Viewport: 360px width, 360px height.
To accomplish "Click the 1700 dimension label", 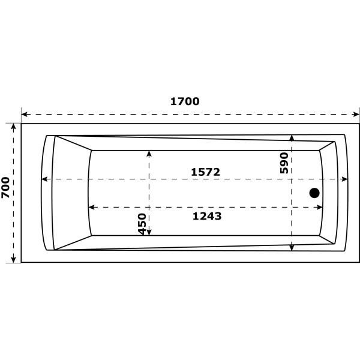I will (x=185, y=101).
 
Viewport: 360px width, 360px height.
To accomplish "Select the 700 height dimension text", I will (x=5, y=188).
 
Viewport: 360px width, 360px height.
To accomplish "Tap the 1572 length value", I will (x=206, y=172).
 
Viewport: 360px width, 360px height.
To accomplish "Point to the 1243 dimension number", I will (x=207, y=217).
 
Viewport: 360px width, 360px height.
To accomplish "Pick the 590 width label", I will (x=284, y=163).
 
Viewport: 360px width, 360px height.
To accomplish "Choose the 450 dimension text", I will (x=142, y=224).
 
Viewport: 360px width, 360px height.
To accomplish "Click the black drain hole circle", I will (x=314, y=193).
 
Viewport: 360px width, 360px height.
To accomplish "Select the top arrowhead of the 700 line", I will (x=13, y=127).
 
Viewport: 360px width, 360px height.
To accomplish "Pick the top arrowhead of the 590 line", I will (x=292, y=138).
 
